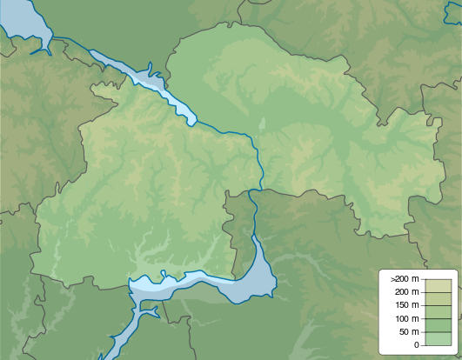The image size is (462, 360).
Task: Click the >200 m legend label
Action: [x=405, y=277]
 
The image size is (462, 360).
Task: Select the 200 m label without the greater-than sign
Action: [x=407, y=291]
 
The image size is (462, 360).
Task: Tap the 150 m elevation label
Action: [x=407, y=304]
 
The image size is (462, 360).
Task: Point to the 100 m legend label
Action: [x=407, y=318]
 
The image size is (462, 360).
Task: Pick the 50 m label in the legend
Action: [x=409, y=332]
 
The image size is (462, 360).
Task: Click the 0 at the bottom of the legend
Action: [x=416, y=345]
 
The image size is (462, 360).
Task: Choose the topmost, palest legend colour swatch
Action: [x=438, y=284]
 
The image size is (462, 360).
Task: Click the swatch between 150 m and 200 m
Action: [x=438, y=298]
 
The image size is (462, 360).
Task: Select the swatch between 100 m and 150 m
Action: [x=438, y=311]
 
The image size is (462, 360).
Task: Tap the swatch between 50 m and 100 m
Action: [x=438, y=325]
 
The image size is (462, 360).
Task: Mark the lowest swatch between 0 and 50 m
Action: [x=438, y=338]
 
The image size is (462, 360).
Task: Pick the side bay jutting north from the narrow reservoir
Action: [x=150, y=67]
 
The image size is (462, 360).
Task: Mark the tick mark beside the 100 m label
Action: [x=425, y=318]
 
